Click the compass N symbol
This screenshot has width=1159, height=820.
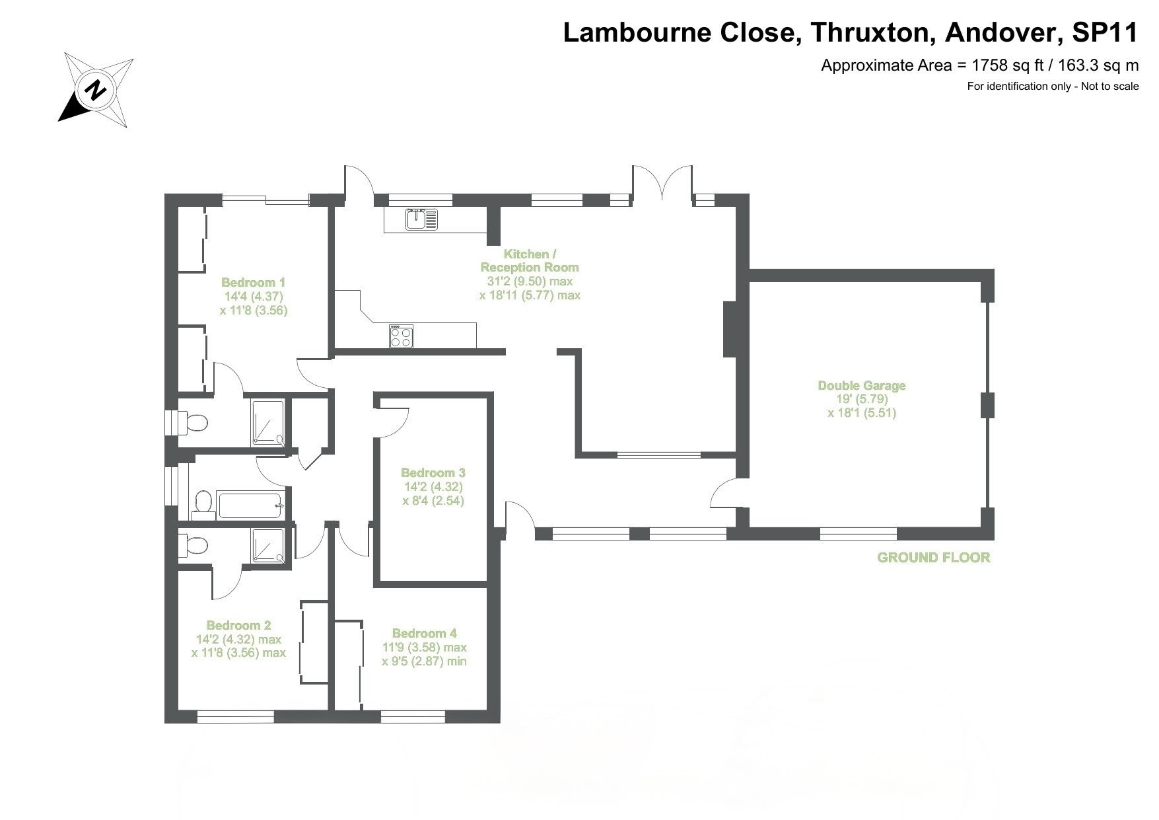96,89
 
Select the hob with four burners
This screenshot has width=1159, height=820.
401,336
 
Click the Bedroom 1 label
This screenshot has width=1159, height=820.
253,282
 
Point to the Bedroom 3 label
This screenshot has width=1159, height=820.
433,472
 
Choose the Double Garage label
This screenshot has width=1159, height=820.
861,385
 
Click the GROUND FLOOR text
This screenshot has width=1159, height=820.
933,557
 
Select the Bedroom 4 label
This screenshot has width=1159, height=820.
424,633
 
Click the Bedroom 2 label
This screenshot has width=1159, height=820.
238,625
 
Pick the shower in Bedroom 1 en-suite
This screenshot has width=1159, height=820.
267,422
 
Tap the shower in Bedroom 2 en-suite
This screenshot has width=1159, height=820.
267,546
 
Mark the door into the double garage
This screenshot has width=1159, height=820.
724,492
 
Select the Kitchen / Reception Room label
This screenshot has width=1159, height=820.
530,260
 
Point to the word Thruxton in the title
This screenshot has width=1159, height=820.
871,32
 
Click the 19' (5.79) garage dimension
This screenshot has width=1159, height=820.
861,399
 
